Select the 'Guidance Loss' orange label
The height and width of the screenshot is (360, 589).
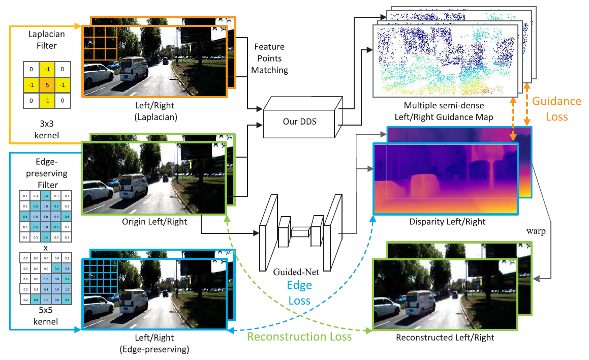coord(556,109)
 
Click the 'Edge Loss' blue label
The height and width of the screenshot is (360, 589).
coord(299,292)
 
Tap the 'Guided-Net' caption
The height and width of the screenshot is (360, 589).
coord(296,273)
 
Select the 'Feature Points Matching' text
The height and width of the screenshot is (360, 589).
coord(269,58)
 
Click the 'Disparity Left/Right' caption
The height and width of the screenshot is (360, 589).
coord(447,222)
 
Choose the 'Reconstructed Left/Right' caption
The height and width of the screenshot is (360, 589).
coord(445,337)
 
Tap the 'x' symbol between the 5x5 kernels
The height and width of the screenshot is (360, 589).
coord(45,248)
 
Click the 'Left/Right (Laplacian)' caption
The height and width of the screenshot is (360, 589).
coord(154,112)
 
